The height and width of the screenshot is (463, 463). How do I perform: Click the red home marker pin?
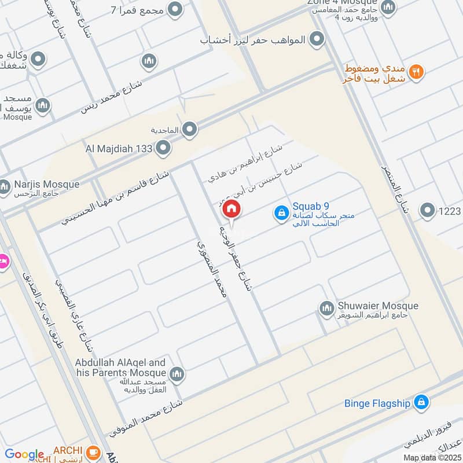click(231, 210)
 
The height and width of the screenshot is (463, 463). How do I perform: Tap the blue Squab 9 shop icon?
click(281, 213)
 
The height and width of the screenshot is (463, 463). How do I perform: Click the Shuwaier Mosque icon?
click(327, 307)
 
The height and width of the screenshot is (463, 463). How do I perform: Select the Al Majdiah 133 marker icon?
click(164, 148)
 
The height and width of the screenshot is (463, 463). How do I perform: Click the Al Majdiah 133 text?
click(119, 149)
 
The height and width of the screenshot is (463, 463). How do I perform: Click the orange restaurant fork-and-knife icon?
click(416, 72)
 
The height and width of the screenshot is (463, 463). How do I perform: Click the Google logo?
click(24, 455)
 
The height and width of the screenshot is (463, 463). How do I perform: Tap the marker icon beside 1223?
click(428, 211)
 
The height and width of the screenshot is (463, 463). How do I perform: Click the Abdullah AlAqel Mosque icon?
click(178, 374)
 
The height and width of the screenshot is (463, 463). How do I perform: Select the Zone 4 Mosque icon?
click(388, 8)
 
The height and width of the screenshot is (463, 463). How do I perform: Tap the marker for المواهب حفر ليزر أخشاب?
click(317, 39)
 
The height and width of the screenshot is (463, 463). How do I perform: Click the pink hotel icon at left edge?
click(3, 262)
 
